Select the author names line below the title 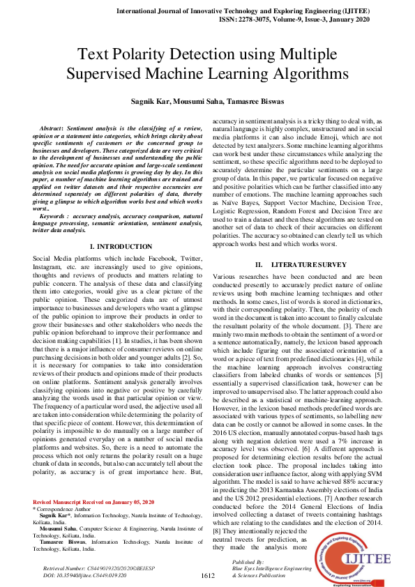click(x=206, y=102)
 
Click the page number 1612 click(x=207, y=575)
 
